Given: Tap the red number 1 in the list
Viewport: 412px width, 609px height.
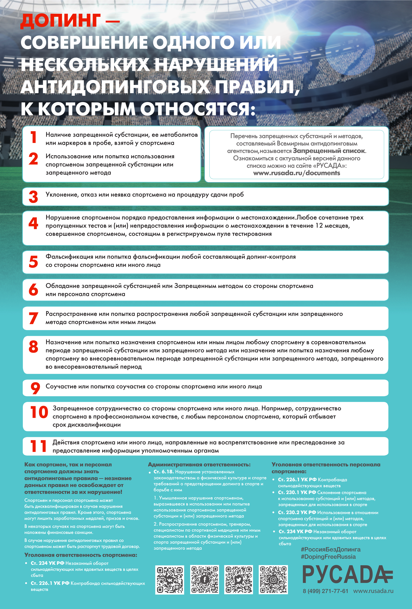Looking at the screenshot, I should [33, 137].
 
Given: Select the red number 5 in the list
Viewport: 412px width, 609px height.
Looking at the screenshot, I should [33, 261].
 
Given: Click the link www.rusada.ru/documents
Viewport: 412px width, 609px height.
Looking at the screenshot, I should [297, 173].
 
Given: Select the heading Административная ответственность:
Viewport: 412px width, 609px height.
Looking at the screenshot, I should [199, 465].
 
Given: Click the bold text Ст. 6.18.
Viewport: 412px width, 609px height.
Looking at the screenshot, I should [164, 472].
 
